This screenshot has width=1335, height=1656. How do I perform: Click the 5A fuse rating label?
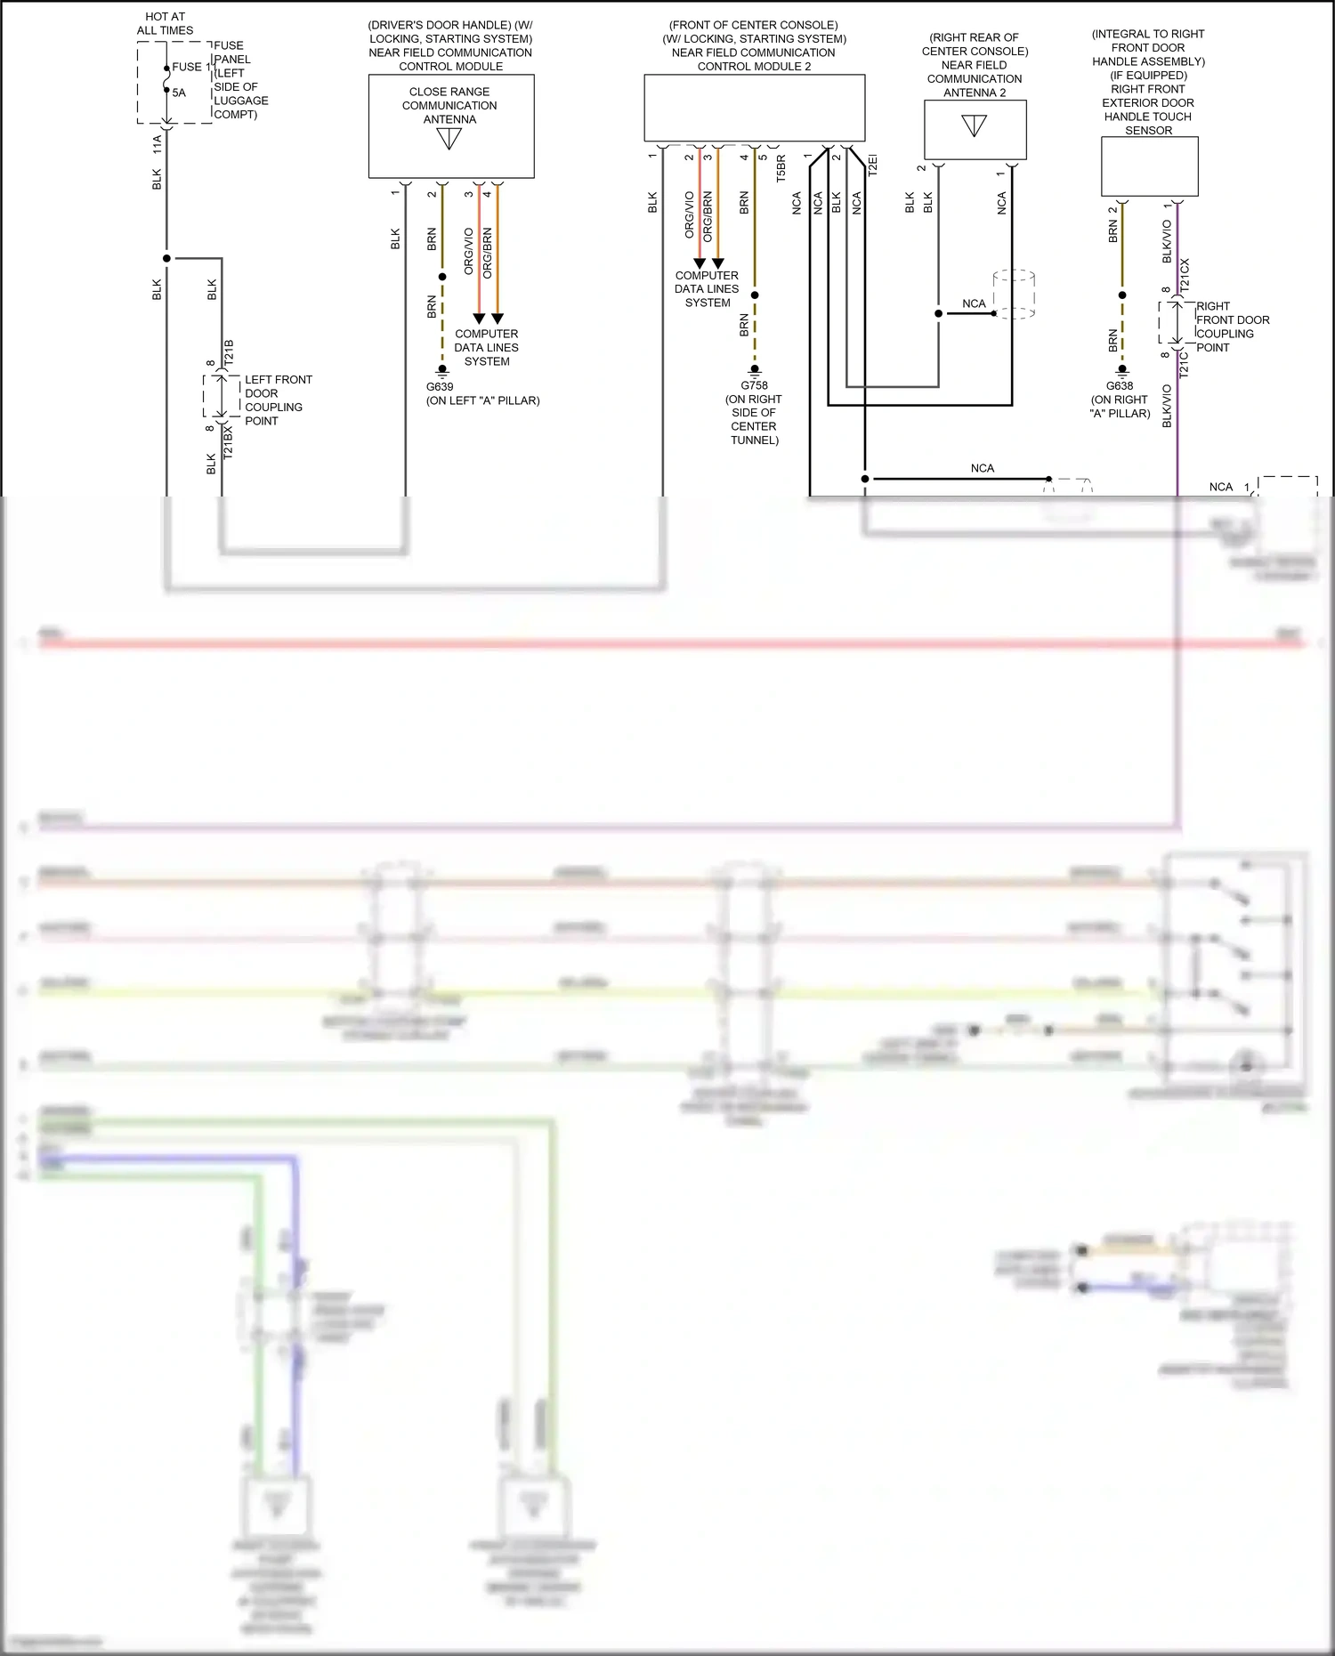click(179, 93)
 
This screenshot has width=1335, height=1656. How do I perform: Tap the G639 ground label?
click(440, 387)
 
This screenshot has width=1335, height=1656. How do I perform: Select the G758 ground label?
click(754, 385)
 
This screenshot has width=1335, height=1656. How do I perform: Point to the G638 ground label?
click(1120, 386)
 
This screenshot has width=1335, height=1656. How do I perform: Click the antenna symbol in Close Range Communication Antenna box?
click(449, 139)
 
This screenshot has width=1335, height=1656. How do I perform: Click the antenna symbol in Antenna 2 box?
click(975, 125)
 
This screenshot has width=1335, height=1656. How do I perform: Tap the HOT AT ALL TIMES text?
click(165, 23)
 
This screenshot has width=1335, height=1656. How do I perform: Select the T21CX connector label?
click(1185, 275)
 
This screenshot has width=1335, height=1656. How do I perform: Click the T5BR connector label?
click(781, 169)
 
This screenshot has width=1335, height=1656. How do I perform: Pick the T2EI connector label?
click(872, 166)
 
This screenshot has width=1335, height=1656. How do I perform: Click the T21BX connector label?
click(228, 441)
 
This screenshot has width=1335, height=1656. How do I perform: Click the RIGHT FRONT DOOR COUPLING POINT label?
click(1232, 327)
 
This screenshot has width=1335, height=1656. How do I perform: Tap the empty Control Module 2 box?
click(754, 108)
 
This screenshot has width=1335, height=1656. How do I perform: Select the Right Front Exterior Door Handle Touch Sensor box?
click(1149, 166)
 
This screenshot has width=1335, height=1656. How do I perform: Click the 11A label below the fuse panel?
click(158, 144)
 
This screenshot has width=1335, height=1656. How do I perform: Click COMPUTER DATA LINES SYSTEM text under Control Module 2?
click(707, 289)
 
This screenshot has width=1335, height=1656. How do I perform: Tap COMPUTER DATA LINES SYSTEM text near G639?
click(487, 348)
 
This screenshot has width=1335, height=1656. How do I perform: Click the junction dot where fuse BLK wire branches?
click(166, 259)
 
